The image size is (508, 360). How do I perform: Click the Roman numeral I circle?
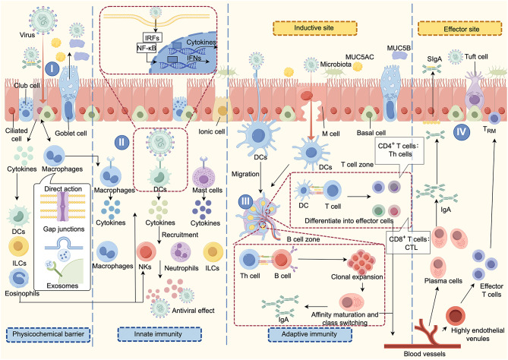click(52, 68)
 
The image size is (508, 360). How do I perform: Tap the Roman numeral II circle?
click(121, 142)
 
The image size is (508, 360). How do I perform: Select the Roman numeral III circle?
click(245, 201)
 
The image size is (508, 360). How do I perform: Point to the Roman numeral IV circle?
click(462, 131)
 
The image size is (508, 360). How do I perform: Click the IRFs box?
click(152, 38)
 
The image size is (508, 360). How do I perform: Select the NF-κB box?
click(147, 49)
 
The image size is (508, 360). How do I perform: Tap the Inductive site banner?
click(315, 28)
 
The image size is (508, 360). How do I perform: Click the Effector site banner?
click(462, 29)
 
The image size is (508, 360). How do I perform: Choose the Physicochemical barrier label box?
click(49, 334)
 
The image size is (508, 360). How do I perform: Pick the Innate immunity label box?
click(159, 334)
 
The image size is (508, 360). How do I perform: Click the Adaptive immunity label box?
click(310, 334)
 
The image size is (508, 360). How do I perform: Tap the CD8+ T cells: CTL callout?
click(409, 243)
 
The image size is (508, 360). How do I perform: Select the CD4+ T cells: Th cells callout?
click(399, 150)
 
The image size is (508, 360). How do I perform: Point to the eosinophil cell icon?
click(19, 279)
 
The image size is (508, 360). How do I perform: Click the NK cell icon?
click(147, 252)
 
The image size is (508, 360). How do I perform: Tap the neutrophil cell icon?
click(181, 252)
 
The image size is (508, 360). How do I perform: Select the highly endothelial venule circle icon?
click(455, 316)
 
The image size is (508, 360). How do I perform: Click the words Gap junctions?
click(64, 229)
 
